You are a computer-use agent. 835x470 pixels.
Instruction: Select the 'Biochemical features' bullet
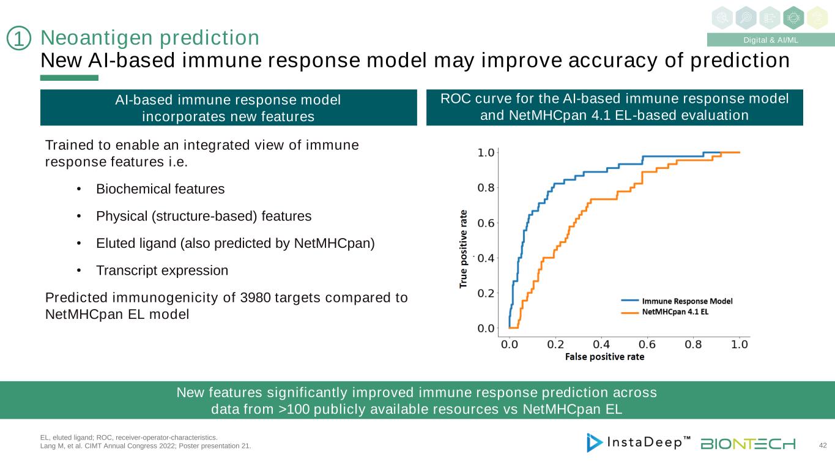point(160,189)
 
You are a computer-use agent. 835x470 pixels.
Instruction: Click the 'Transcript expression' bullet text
point(161,270)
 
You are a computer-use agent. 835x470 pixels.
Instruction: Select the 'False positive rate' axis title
point(604,356)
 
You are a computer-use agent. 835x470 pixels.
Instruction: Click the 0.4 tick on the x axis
point(601,344)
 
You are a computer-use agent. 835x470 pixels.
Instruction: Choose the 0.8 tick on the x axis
point(694,344)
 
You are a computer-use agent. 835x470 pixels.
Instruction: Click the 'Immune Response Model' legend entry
point(686,301)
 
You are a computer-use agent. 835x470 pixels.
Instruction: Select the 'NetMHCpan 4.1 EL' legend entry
point(678,312)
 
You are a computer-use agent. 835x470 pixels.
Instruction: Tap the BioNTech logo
point(748,443)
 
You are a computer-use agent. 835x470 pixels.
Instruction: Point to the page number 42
point(822,446)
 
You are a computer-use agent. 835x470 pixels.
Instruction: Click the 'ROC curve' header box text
point(614,107)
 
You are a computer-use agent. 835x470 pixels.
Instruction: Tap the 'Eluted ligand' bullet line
point(235,243)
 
